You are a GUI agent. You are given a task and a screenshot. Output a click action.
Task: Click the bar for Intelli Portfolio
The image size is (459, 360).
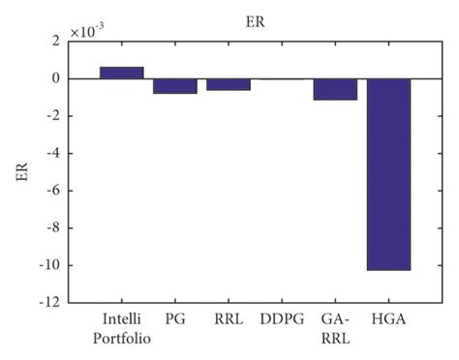coord(122,73)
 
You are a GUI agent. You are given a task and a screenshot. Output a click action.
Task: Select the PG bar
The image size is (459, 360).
coord(175,86)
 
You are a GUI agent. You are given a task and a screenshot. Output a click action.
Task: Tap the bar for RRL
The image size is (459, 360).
coord(229,84)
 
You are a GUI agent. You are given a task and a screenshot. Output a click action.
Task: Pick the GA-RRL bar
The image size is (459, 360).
coord(335,89)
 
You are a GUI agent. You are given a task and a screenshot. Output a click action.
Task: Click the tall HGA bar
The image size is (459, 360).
coord(388,174)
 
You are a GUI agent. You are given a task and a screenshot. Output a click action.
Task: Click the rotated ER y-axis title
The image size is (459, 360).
coord(22,171)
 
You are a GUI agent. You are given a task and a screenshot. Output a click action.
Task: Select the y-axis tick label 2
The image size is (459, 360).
coord(57,42)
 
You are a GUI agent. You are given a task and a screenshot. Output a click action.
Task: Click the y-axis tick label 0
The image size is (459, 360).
coord(57,79)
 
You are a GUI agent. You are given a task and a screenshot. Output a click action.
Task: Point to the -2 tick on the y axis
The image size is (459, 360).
coord(54,116)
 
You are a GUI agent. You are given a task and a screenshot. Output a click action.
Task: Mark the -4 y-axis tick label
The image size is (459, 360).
coord(54,154)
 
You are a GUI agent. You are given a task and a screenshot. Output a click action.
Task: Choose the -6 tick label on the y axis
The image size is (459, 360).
coord(54,191)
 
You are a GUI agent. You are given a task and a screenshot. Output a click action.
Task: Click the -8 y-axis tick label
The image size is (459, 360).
coord(54,228)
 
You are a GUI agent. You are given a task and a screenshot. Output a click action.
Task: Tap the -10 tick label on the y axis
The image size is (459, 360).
coord(51,265)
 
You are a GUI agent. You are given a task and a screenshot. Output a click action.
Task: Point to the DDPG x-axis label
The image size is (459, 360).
coord(282,318)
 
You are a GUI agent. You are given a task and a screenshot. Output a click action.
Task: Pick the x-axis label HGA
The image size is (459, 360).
coord(388,318)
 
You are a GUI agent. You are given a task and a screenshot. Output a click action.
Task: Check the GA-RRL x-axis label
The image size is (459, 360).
coord(335,326)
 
